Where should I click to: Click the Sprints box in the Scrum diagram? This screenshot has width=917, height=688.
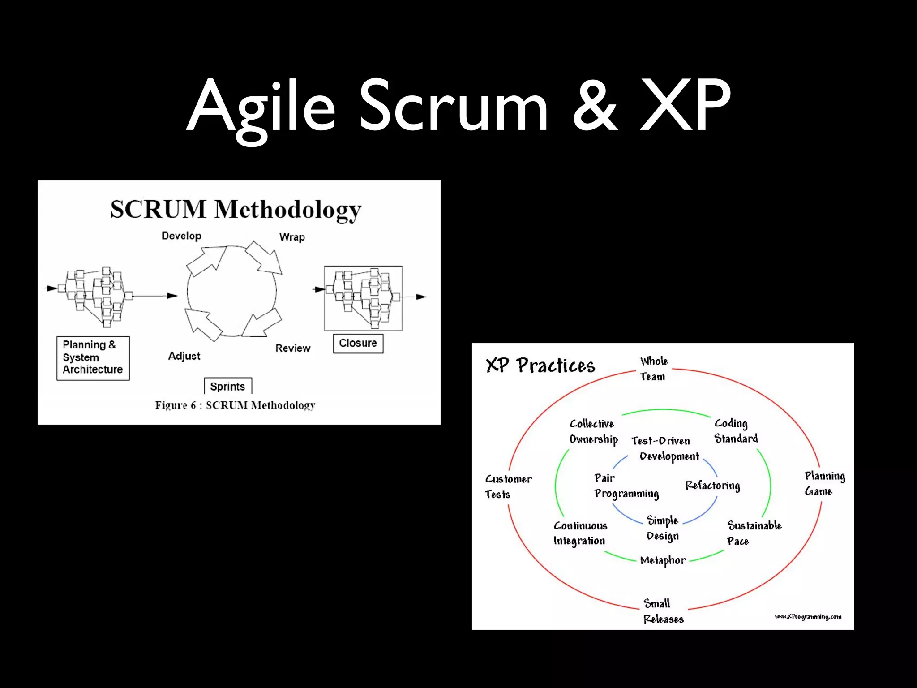[228, 386]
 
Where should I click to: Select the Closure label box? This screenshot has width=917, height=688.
[358, 343]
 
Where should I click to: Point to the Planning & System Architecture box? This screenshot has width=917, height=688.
[93, 357]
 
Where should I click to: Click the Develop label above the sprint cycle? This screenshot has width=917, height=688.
[181, 236]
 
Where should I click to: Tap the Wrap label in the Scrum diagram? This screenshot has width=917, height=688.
[292, 237]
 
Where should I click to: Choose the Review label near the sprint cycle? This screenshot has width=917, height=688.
[292, 348]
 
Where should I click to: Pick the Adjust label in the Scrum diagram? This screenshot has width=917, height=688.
[184, 356]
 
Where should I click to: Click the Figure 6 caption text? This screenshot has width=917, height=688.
[235, 405]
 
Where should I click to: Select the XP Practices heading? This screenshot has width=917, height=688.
[540, 365]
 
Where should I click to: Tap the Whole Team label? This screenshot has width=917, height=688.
[653, 369]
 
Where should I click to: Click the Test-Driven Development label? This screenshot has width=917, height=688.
[665, 448]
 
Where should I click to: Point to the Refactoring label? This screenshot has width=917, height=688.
[712, 486]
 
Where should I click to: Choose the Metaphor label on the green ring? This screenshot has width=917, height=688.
[663, 560]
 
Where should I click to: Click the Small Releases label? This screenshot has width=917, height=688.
[663, 611]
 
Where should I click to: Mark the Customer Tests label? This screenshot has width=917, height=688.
[508, 486]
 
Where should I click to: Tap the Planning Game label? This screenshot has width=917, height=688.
[824, 483]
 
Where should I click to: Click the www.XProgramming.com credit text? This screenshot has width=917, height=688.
[808, 617]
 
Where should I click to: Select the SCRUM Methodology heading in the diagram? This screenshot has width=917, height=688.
[236, 209]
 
